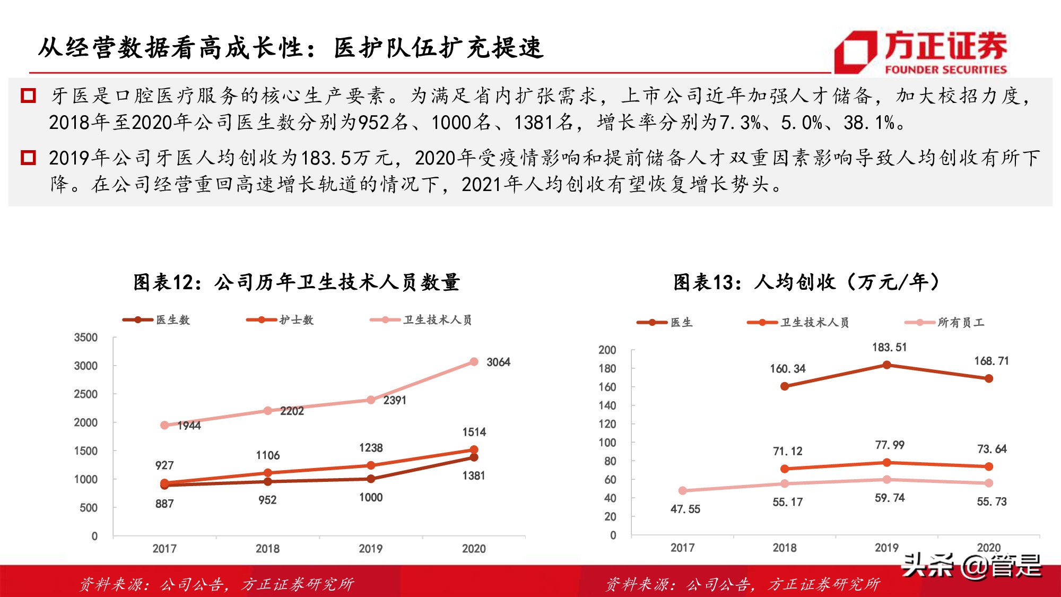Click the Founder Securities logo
pyautogui.click(x=920, y=51)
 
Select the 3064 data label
pyautogui.click(x=498, y=362)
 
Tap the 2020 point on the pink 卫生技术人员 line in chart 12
pyautogui.click(x=474, y=362)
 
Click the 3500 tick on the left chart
pyautogui.click(x=86, y=338)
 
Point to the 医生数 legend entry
pyautogui.click(x=156, y=320)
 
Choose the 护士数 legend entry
pyautogui.click(x=280, y=320)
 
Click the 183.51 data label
pyautogui.click(x=890, y=348)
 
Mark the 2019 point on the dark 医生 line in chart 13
pyautogui.click(x=886, y=365)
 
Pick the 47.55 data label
pyautogui.click(x=685, y=509)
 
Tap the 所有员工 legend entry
pyautogui.click(x=945, y=323)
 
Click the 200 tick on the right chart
pyautogui.click(x=607, y=350)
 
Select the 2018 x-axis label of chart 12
pyautogui.click(x=267, y=549)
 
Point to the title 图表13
pyautogui.click(x=806, y=282)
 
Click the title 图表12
pyautogui.click(x=296, y=282)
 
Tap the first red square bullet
pyautogui.click(x=28, y=96)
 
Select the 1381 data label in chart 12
pyautogui.click(x=474, y=476)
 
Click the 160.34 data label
pyautogui.click(x=788, y=369)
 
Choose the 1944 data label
pyautogui.click(x=189, y=426)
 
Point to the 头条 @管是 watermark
pyautogui.click(x=972, y=566)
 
